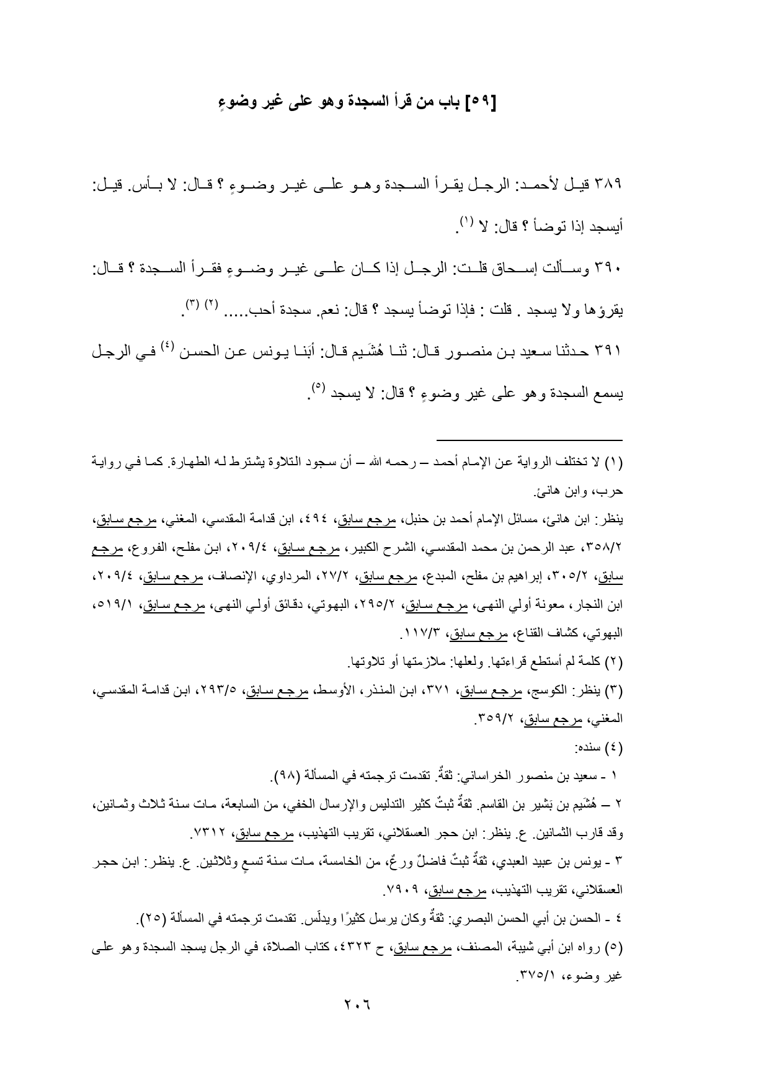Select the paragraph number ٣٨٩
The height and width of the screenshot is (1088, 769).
tap(608, 185)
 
